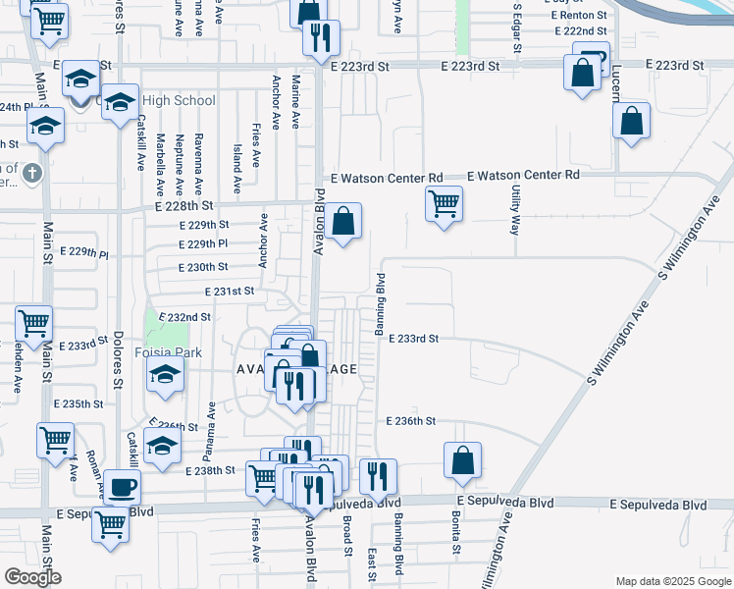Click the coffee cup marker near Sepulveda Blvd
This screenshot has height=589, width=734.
point(123,486)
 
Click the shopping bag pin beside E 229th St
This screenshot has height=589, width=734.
point(344,222)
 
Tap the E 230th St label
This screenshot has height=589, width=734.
point(203,267)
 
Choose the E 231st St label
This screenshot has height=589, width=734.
point(229,292)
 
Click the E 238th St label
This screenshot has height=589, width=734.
point(211,470)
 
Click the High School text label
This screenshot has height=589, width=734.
point(179,101)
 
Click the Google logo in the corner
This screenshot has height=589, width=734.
point(31,577)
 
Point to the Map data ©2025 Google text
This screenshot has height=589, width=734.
point(672,581)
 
